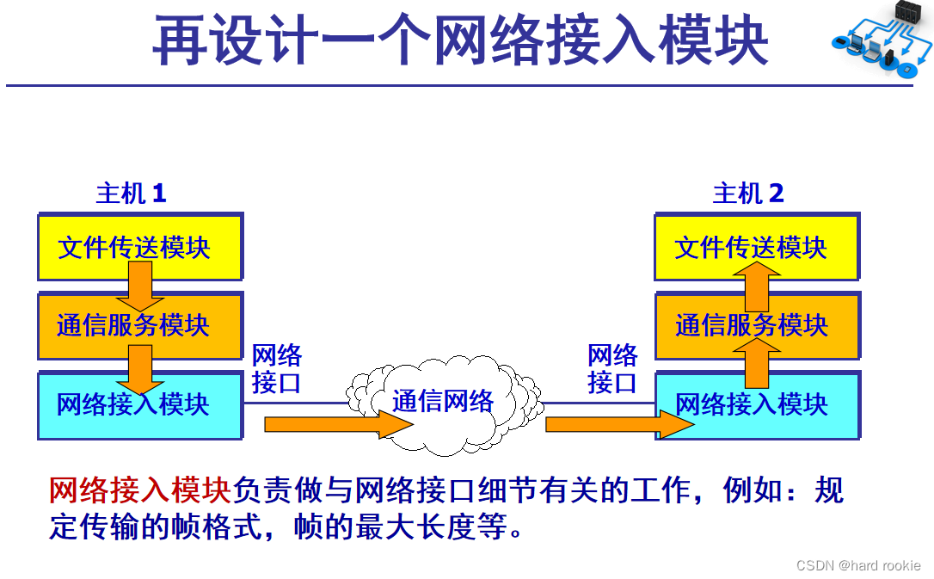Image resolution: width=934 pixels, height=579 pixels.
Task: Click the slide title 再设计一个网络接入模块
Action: pyautogui.click(x=460, y=40)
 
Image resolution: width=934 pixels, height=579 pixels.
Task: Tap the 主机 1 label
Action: pyautogui.click(x=131, y=193)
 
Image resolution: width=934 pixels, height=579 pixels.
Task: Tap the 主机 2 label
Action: pyautogui.click(x=748, y=193)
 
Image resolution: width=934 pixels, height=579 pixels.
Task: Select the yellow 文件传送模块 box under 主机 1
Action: pyautogui.click(x=140, y=247)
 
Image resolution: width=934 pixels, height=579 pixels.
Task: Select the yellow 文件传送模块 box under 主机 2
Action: pyautogui.click(x=757, y=247)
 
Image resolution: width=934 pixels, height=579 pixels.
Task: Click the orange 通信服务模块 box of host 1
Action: pyautogui.click(x=140, y=326)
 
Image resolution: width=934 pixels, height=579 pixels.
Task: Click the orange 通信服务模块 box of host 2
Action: pyautogui.click(x=757, y=326)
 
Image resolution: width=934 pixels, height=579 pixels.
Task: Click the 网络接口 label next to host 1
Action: pyautogui.click(x=276, y=369)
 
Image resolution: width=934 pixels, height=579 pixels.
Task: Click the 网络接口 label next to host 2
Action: pyautogui.click(x=612, y=369)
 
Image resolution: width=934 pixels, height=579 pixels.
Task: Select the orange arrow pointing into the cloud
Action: pyautogui.click(x=338, y=424)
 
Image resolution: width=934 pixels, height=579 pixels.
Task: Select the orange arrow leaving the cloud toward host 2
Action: pyautogui.click(x=619, y=424)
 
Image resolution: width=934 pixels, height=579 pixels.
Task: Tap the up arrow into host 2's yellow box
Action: pyautogui.click(x=757, y=287)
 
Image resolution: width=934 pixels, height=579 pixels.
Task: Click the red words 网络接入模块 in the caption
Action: pyautogui.click(x=139, y=490)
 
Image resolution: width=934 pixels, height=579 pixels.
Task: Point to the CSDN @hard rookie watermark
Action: pyautogui.click(x=858, y=564)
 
